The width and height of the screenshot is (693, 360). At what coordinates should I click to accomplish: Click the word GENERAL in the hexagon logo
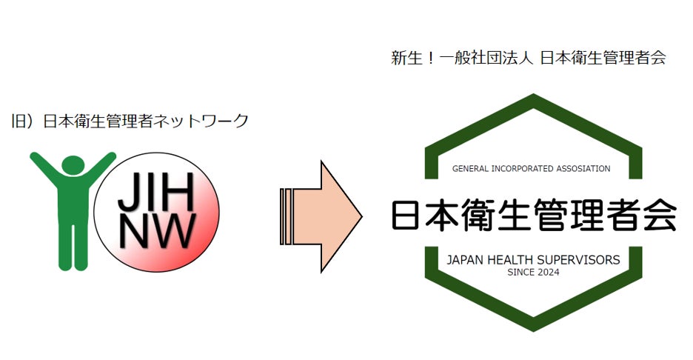[470, 169]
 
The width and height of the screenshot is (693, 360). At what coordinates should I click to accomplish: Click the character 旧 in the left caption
[19, 121]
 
